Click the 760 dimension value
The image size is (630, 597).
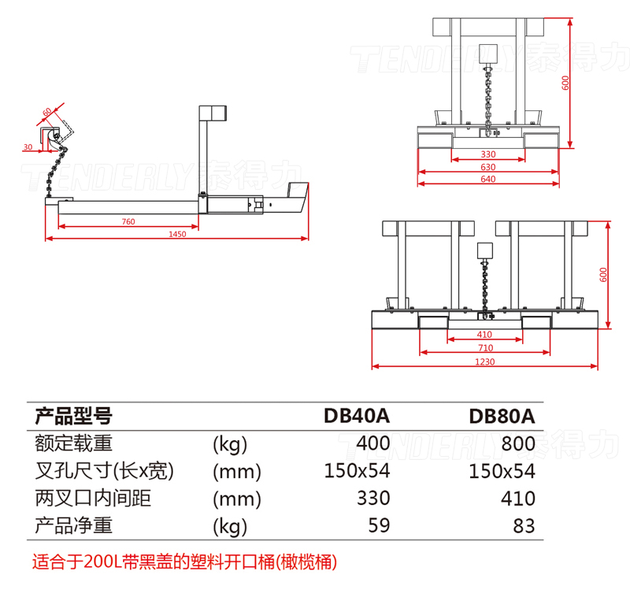tap(128, 221)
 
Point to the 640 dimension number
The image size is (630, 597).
tap(487, 180)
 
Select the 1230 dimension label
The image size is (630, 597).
tap(485, 361)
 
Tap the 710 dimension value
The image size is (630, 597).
tap(485, 347)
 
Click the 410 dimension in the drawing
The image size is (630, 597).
tap(485, 335)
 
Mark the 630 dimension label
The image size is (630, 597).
tap(487, 167)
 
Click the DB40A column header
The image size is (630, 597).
tap(357, 415)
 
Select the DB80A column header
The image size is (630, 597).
tap(502, 415)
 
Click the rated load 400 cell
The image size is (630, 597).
tap(372, 443)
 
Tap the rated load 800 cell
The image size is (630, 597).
tap(518, 443)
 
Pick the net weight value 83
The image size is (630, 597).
tap(524, 525)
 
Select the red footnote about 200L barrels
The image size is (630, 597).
tap(185, 562)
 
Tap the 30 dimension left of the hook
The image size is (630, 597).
tap(28, 147)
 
